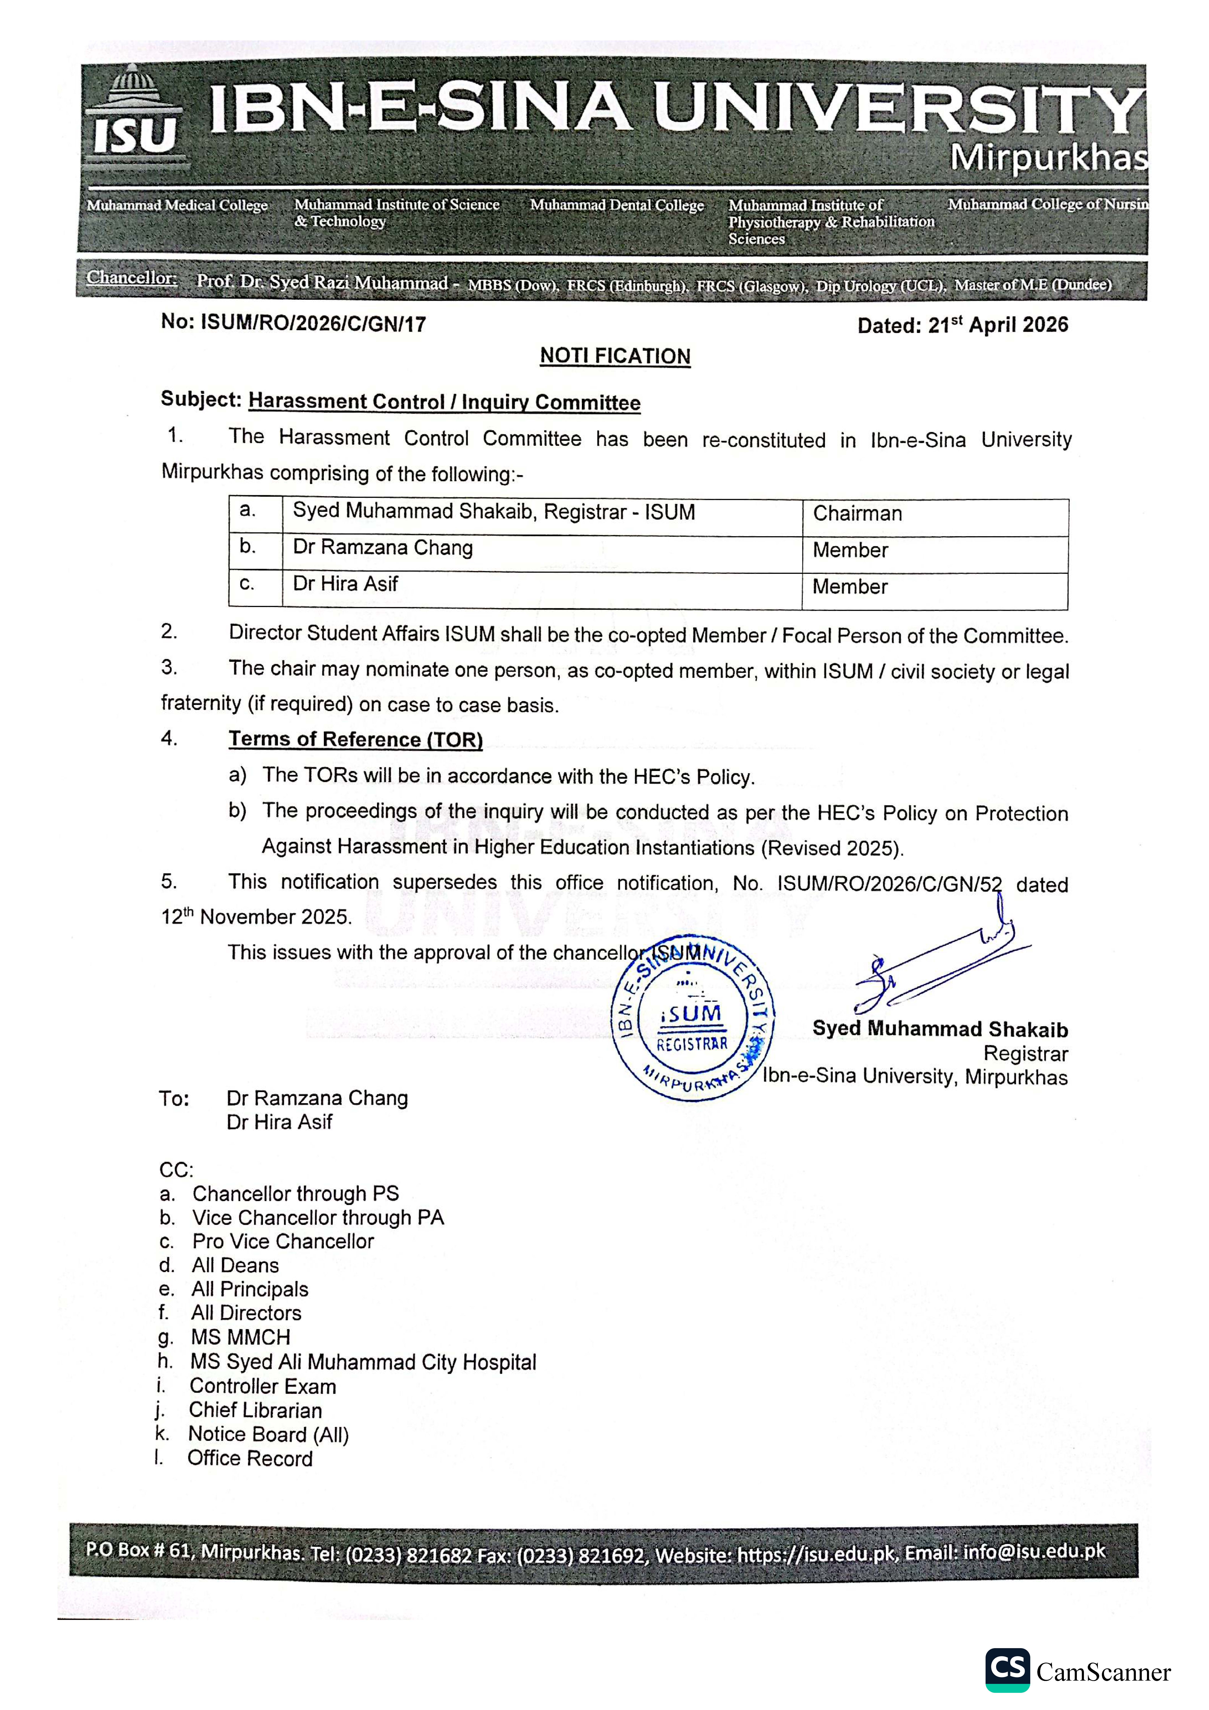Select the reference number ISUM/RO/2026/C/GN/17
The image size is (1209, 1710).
click(x=313, y=324)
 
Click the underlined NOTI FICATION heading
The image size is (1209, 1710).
click(x=615, y=356)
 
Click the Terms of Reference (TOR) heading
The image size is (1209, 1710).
click(x=355, y=740)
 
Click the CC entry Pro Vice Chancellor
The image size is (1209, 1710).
click(x=283, y=1242)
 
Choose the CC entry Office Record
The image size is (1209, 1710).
click(x=250, y=1458)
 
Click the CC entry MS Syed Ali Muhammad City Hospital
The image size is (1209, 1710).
click(x=363, y=1362)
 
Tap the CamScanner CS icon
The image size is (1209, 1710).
click(x=1007, y=1670)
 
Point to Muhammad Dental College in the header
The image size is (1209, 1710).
click(x=617, y=205)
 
